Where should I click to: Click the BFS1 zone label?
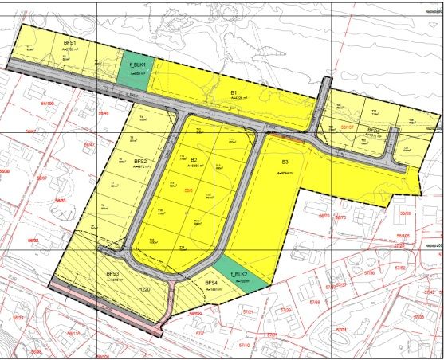coord(69,41)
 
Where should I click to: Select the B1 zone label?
coord(235,93)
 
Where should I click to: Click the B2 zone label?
coord(194,160)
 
